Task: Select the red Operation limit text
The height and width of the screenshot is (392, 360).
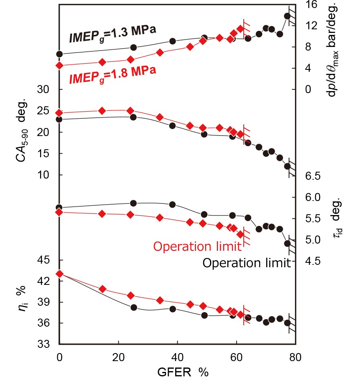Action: coord(197,246)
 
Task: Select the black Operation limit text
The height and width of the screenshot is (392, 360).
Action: coord(246,263)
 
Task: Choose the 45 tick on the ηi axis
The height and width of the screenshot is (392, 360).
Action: coord(48,260)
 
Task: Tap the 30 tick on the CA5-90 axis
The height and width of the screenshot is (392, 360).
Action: coord(48,90)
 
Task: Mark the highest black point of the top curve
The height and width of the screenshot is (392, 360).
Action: coord(287,16)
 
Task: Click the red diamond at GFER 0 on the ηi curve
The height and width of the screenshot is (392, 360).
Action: coord(59,274)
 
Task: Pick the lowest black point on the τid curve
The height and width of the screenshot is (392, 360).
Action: coord(287,244)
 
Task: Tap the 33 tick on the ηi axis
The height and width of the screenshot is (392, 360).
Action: coord(48,344)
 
